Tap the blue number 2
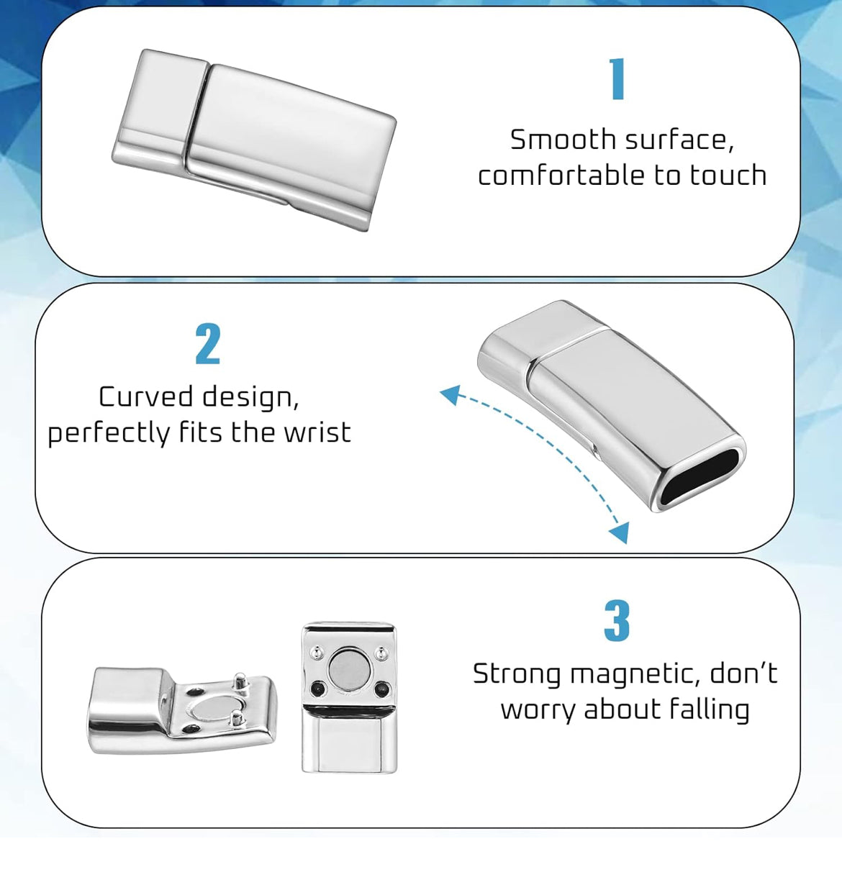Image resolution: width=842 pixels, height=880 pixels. (x=207, y=344)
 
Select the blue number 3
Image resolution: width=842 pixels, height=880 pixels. (x=617, y=621)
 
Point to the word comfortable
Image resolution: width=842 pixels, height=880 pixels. (x=561, y=176)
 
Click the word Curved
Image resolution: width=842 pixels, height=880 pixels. (x=145, y=396)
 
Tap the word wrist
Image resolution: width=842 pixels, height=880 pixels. (x=317, y=432)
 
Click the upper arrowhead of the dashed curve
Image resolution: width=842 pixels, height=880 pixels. (x=450, y=394)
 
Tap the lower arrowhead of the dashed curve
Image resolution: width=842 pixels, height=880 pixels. (x=620, y=532)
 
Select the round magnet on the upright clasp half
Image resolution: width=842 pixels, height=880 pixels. (x=345, y=666)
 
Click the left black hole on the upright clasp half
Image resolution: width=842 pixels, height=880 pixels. (x=318, y=689)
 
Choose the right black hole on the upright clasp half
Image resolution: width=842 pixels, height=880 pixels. (x=381, y=689)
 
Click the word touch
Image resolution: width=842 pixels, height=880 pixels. (x=728, y=176)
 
